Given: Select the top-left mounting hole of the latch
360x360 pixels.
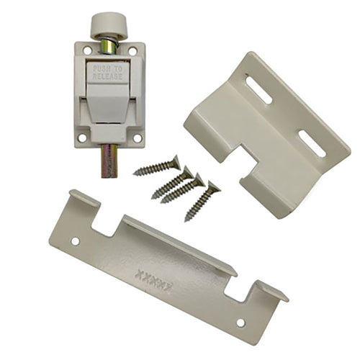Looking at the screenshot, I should point(87,51).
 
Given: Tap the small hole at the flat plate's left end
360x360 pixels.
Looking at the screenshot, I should point(75,241).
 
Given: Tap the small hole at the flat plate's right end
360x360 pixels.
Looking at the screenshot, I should point(240,323).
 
